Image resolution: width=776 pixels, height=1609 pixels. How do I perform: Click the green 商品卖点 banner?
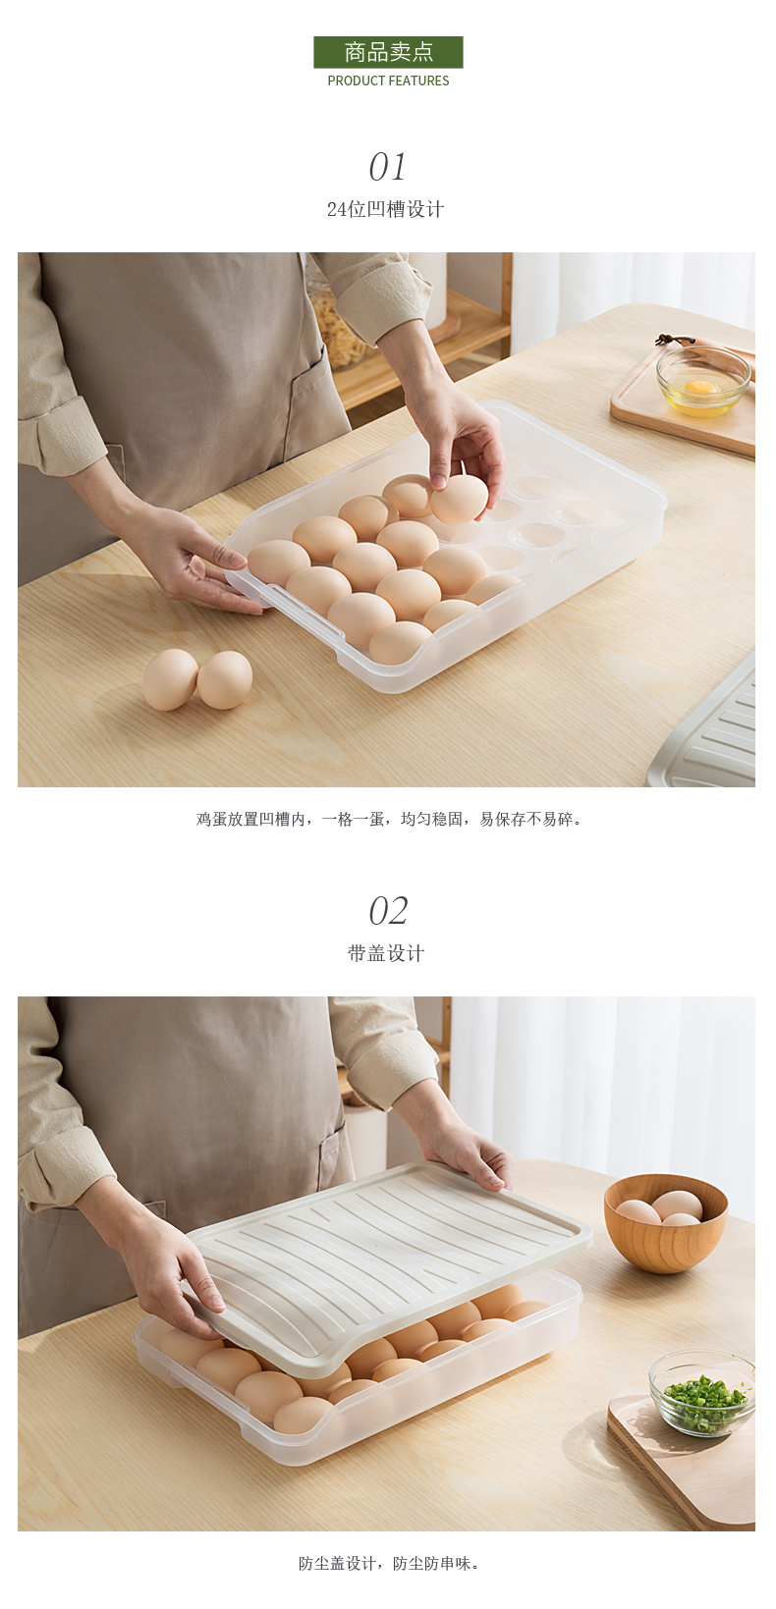pyautogui.click(x=388, y=52)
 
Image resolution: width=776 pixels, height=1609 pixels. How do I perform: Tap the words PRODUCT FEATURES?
pyautogui.click(x=388, y=81)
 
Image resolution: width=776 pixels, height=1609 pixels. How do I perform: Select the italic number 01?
pyautogui.click(x=388, y=167)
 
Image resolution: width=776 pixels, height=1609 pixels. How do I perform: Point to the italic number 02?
pyautogui.click(x=388, y=911)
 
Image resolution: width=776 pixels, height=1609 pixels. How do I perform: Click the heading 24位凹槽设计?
pyautogui.click(x=386, y=210)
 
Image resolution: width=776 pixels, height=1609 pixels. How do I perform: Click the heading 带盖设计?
pyautogui.click(x=387, y=953)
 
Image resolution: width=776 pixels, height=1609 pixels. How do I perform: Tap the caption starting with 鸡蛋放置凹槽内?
pyautogui.click(x=388, y=820)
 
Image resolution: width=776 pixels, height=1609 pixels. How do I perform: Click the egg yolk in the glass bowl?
pyautogui.click(x=701, y=388)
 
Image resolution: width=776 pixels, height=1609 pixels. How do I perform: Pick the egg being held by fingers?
pyautogui.click(x=459, y=499)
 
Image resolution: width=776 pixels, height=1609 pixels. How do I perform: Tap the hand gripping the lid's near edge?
pyautogui.click(x=173, y=1270)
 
